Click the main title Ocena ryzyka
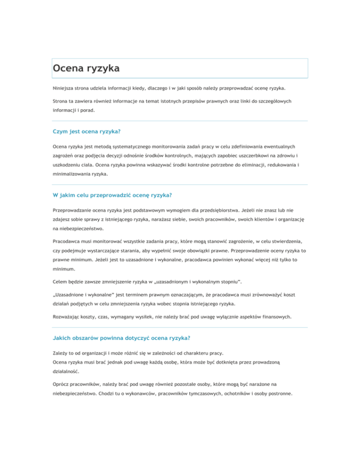click(x=86, y=68)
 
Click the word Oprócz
click(x=61, y=384)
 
